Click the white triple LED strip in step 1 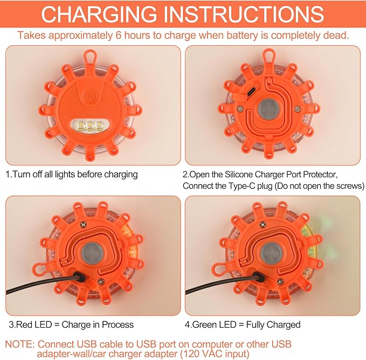coord(89,126)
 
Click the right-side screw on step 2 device coord(297,110)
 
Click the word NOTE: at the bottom coord(19,344)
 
